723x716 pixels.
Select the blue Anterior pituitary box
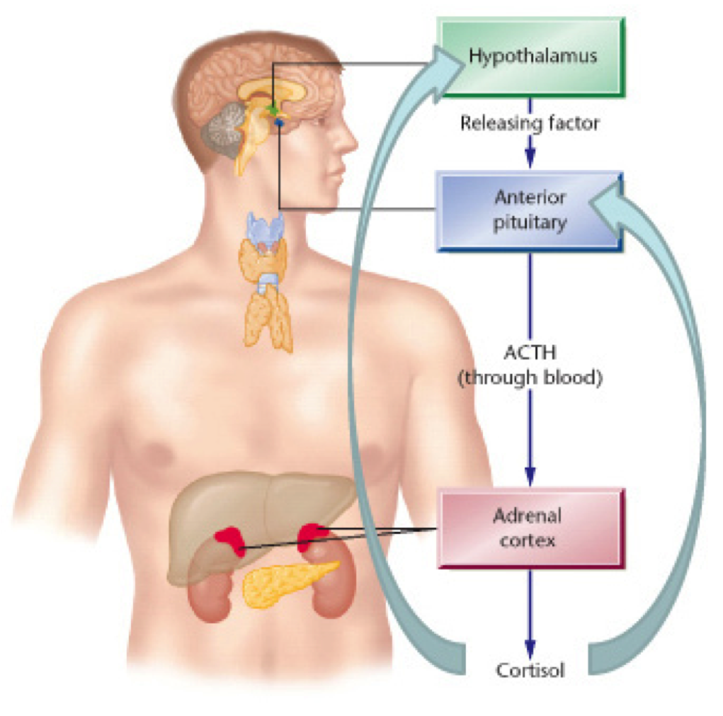[531, 210]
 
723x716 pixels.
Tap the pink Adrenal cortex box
[531, 528]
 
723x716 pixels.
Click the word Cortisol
[530, 669]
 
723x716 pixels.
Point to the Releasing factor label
[530, 123]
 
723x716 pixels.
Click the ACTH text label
[530, 353]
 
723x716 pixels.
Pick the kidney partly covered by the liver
[212, 595]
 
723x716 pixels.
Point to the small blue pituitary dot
[279, 123]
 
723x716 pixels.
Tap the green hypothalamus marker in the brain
[273, 110]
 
